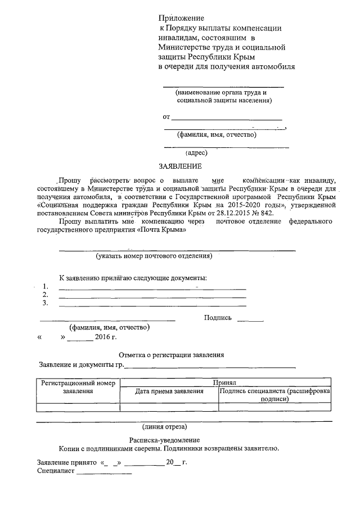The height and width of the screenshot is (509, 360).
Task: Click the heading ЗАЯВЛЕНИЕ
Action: click(x=179, y=166)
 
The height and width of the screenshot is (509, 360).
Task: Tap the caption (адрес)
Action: click(x=196, y=152)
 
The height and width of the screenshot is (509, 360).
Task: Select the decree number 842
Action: click(x=280, y=213)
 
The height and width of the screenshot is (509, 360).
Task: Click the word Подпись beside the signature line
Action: click(x=218, y=318)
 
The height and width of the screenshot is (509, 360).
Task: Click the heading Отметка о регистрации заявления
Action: click(x=172, y=355)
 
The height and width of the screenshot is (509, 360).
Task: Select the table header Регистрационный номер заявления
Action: click(x=78, y=387)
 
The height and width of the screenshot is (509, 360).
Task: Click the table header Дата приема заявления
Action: click(x=169, y=391)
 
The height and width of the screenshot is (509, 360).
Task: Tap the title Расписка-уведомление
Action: click(x=164, y=440)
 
